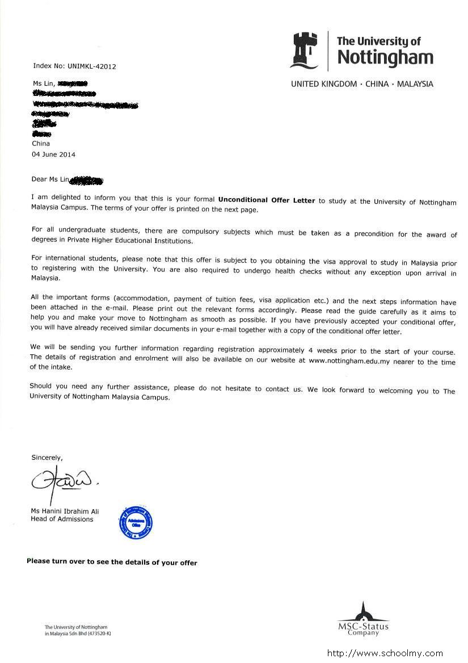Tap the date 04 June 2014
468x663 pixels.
click(x=53, y=154)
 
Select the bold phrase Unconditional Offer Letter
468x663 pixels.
click(x=267, y=200)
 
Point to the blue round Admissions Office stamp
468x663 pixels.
click(x=136, y=523)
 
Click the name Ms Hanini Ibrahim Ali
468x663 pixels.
click(x=65, y=511)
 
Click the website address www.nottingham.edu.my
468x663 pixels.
click(x=352, y=360)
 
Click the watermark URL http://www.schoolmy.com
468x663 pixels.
click(x=386, y=653)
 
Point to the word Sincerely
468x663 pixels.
click(x=47, y=457)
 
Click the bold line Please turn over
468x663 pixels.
click(x=112, y=563)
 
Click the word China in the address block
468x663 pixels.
click(x=41, y=144)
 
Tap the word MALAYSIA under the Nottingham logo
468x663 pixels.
click(x=415, y=84)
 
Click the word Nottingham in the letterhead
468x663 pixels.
click(x=385, y=58)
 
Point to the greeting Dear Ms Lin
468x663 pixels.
click(x=50, y=180)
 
